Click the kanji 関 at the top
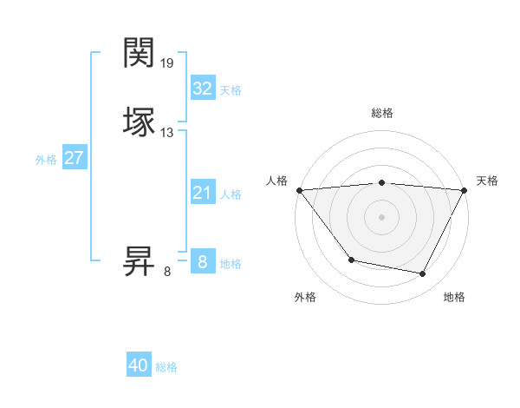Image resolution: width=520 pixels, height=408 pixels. [x=140, y=53]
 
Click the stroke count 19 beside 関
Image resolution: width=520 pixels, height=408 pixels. [x=167, y=63]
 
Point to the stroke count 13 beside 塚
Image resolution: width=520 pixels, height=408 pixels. [x=167, y=133]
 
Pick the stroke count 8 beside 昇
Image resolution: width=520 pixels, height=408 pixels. [x=167, y=272]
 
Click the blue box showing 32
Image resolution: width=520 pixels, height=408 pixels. [x=202, y=89]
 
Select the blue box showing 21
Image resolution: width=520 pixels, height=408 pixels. [x=202, y=193]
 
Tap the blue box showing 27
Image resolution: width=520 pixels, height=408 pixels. [x=74, y=158]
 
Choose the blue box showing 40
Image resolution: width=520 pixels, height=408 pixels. [x=139, y=365]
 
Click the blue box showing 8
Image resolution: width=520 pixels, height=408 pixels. [x=202, y=262]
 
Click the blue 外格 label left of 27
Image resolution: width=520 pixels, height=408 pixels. [x=46, y=160]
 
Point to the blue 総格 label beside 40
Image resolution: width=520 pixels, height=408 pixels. [x=166, y=367]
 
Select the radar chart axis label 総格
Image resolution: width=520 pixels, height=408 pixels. [x=381, y=113]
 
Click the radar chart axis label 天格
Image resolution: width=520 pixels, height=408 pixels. [x=487, y=181]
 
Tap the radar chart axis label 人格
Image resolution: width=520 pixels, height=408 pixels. [x=276, y=181]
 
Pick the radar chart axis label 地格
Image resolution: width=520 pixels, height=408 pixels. [x=454, y=297]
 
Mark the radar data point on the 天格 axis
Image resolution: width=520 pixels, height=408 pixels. [x=465, y=189]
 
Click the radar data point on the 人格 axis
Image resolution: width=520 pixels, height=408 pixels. [x=299, y=189]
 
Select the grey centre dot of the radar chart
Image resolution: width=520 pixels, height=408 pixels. [x=381, y=216]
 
